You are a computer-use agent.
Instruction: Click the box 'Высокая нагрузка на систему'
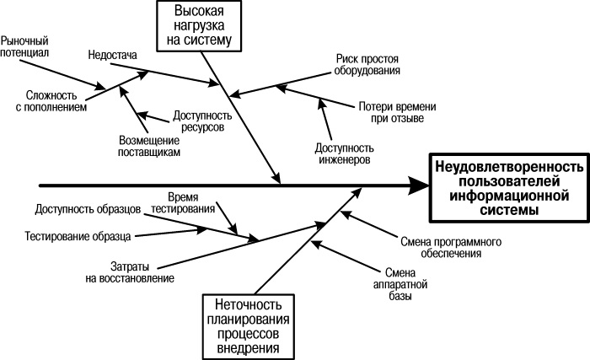click(200, 25)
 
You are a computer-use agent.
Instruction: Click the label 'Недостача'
click(112, 56)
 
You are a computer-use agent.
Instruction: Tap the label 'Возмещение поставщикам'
click(148, 147)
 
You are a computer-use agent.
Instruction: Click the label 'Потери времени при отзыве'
click(390, 113)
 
